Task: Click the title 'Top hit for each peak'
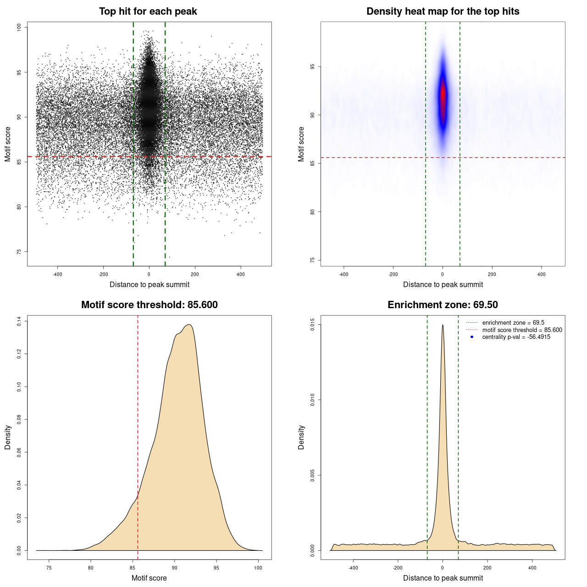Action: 148,11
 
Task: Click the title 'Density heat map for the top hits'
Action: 443,11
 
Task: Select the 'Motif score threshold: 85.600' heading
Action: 149,305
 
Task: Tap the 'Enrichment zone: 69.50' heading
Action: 443,305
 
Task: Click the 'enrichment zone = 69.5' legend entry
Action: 513,323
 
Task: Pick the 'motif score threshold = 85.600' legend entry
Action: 522,330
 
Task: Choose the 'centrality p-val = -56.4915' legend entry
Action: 516,337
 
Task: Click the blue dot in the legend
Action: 472,337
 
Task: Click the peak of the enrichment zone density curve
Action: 443,325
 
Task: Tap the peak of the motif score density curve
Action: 189,325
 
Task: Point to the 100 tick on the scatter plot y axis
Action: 19,28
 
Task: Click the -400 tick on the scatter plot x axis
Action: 57,274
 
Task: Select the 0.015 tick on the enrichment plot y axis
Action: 313,325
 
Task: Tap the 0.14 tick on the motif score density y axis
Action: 19,321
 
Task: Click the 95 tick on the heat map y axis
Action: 313,66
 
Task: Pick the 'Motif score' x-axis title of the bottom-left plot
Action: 149,578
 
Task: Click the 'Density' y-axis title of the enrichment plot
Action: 301,437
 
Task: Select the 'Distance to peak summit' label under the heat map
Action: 443,284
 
